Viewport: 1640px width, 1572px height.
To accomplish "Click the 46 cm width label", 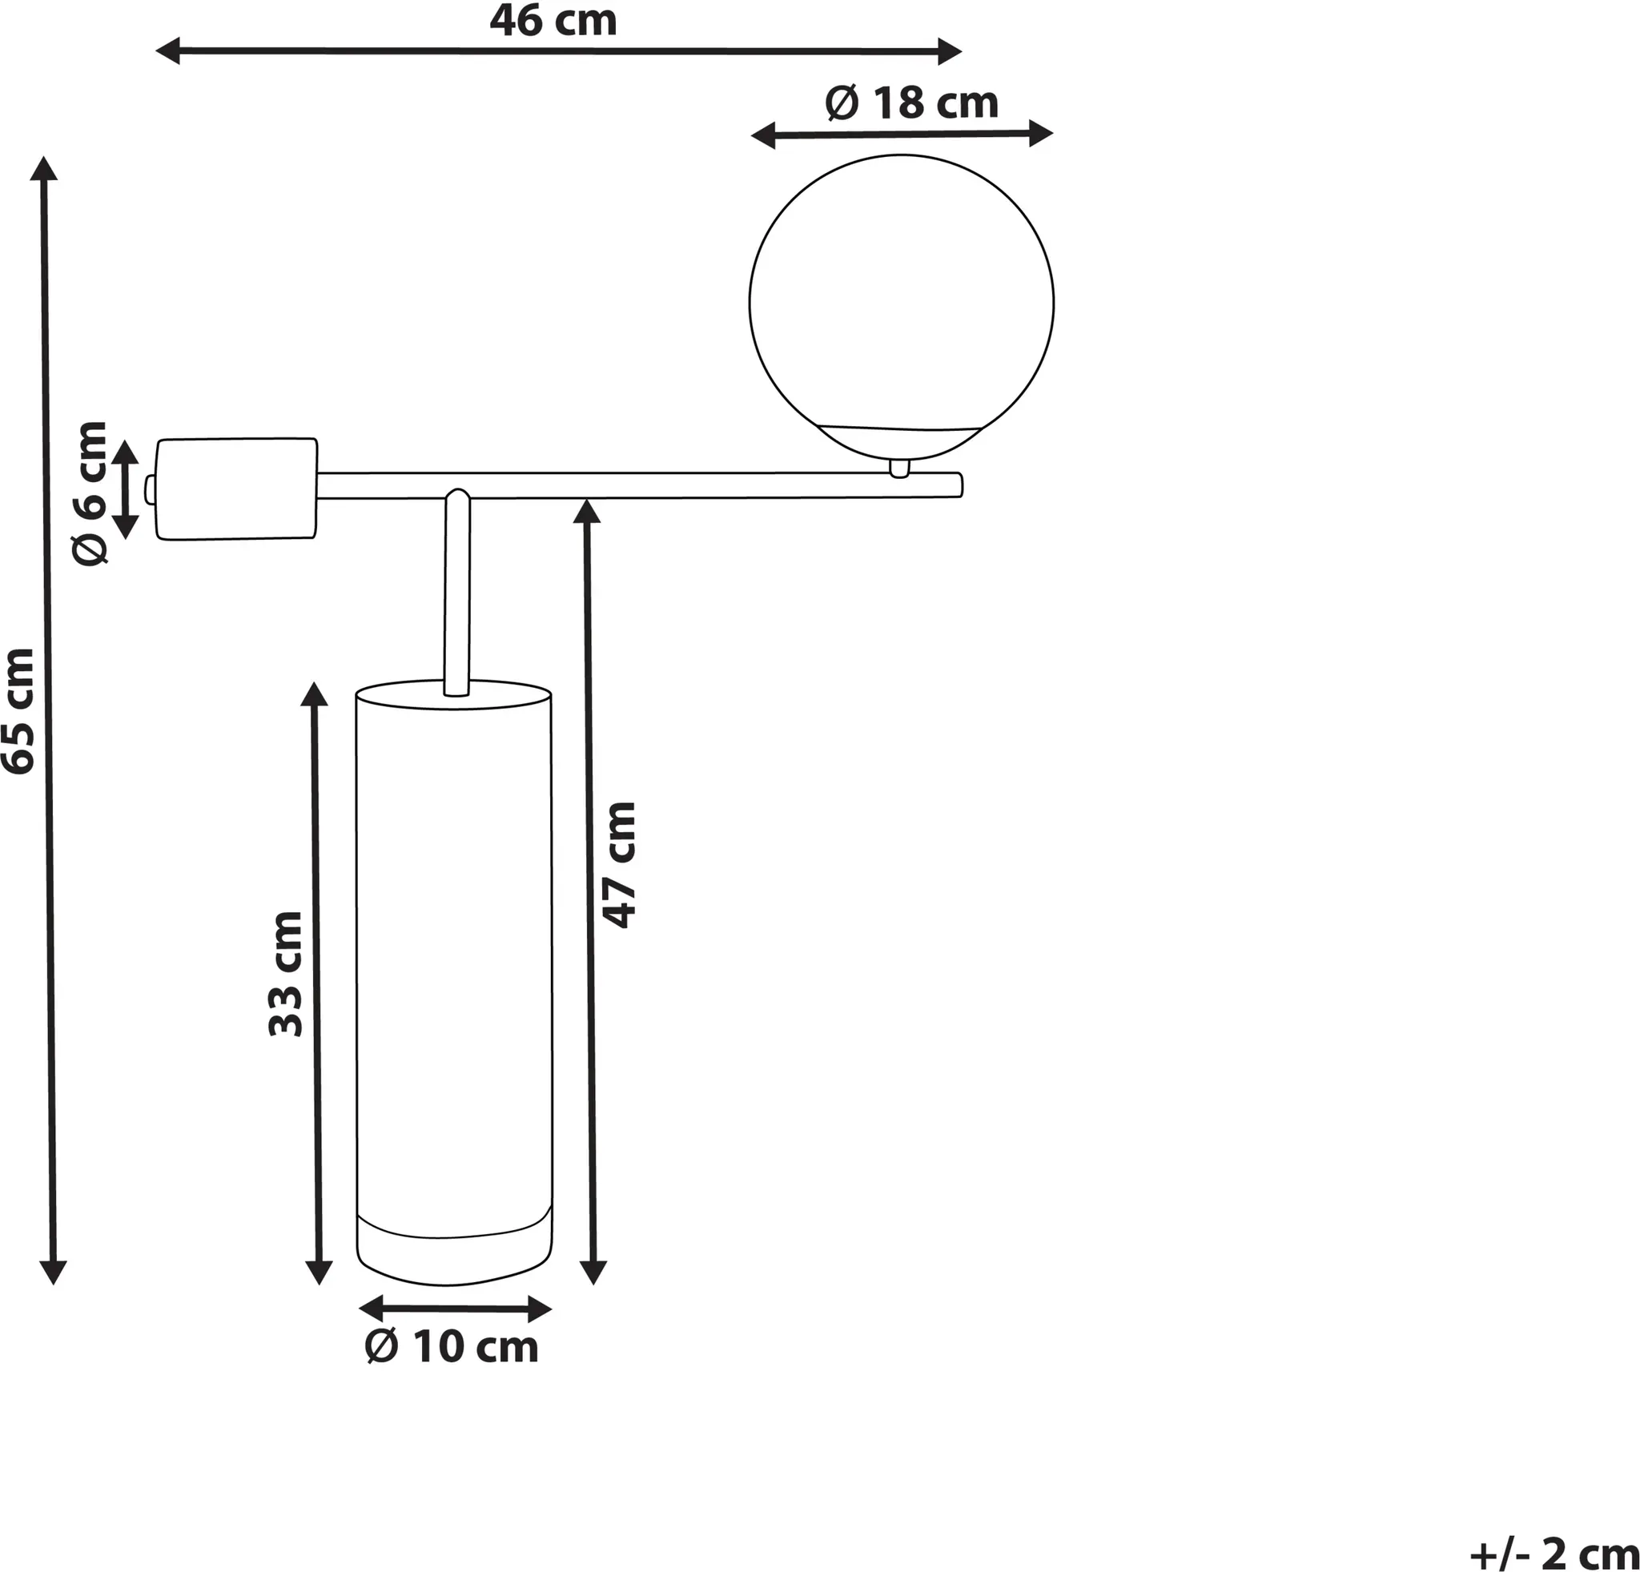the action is (553, 21).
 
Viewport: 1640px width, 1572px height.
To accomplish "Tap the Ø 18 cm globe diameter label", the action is (911, 103).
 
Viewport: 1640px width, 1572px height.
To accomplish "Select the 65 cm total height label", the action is (19, 711).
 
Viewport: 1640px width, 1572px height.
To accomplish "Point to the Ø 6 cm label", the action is (90, 493).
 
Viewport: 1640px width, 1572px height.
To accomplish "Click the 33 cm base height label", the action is (285, 975).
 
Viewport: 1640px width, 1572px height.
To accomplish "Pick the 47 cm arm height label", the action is (620, 865).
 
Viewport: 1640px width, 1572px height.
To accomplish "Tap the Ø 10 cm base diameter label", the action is (452, 1347).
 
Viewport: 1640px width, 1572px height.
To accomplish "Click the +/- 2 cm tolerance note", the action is (1554, 1554).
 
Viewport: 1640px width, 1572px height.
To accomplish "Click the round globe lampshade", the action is (901, 307).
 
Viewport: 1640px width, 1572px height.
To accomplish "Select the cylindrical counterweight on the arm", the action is (237, 488).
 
